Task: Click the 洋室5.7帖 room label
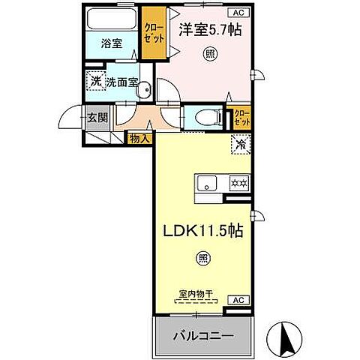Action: [x=209, y=31]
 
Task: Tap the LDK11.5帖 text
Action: [x=200, y=233]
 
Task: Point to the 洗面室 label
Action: [x=121, y=82]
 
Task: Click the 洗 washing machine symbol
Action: [x=96, y=81]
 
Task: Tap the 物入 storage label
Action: [x=139, y=138]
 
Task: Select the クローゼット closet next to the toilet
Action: [x=243, y=118]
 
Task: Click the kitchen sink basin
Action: [x=207, y=182]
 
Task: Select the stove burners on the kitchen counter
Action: [x=238, y=182]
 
